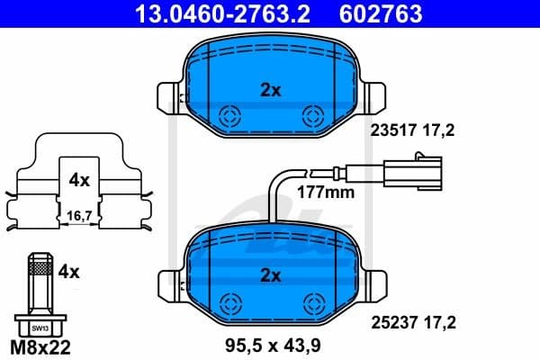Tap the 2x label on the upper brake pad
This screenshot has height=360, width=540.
pos(270,89)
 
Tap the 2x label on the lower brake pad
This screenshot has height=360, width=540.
pos(270,274)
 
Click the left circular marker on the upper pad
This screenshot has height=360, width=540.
pos(229,115)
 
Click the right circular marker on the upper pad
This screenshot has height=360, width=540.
pos(313,115)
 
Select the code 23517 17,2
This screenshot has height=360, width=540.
pos(413,130)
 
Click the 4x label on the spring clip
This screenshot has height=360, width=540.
pos(79,180)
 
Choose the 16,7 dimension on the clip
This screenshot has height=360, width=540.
pos(79,215)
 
